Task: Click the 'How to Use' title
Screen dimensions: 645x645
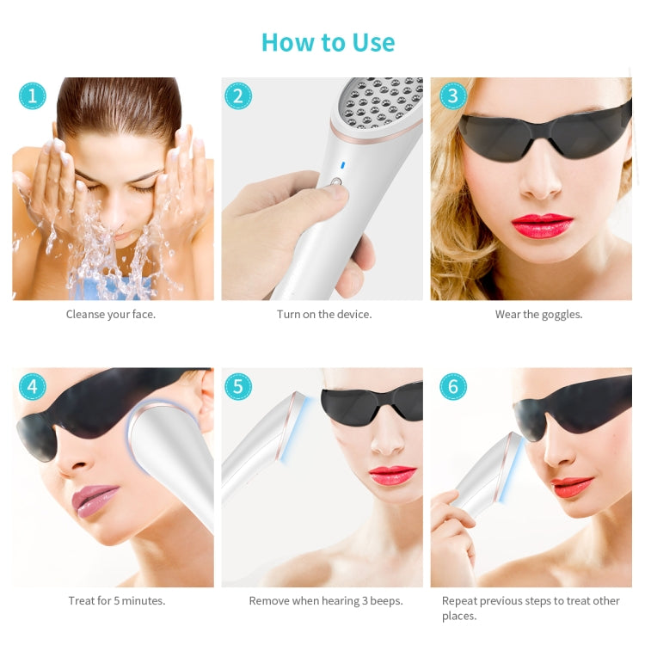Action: click(x=328, y=42)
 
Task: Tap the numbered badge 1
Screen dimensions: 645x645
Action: click(x=33, y=95)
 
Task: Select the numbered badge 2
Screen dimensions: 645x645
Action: click(x=238, y=95)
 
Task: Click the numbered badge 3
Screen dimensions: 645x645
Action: click(x=452, y=95)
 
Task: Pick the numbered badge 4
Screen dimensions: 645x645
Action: click(x=33, y=386)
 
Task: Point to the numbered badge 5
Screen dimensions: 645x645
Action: click(x=238, y=386)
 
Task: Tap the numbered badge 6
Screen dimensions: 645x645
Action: click(x=452, y=386)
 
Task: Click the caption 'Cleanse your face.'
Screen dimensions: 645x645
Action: click(x=111, y=315)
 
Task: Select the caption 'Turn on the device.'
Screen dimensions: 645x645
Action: click(x=324, y=315)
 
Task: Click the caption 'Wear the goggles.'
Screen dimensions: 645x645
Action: click(x=538, y=315)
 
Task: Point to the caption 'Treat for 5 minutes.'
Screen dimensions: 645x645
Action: click(x=117, y=601)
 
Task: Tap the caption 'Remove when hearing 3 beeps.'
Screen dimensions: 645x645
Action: click(x=326, y=601)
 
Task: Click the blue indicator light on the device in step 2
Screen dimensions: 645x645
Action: click(x=341, y=165)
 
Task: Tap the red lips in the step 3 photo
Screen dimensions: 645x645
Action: click(x=542, y=225)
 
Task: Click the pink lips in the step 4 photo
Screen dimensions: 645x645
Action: click(x=95, y=500)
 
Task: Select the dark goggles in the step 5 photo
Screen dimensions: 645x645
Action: click(x=372, y=403)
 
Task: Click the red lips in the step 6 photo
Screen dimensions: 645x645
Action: click(x=573, y=487)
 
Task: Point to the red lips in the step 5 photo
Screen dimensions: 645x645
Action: click(x=392, y=476)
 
